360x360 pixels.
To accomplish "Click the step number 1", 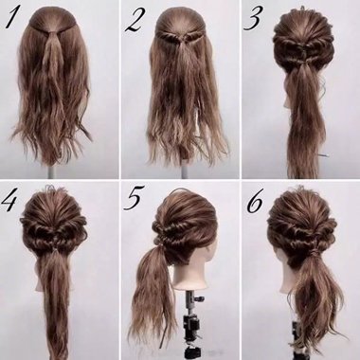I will [16, 19].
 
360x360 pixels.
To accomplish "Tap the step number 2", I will [135, 19].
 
